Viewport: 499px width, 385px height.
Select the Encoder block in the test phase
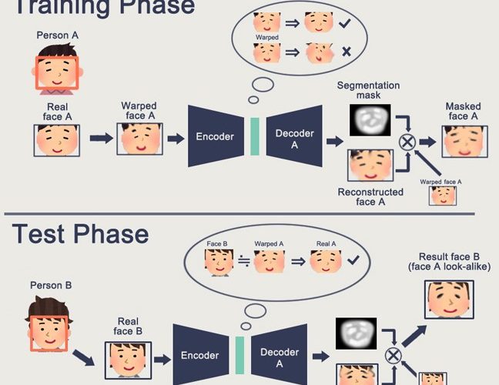[199, 356]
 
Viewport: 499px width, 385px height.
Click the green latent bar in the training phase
[254, 137]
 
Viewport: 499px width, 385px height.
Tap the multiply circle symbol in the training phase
[407, 142]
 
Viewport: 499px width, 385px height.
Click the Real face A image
[58, 141]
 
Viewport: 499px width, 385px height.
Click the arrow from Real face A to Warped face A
[100, 139]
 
